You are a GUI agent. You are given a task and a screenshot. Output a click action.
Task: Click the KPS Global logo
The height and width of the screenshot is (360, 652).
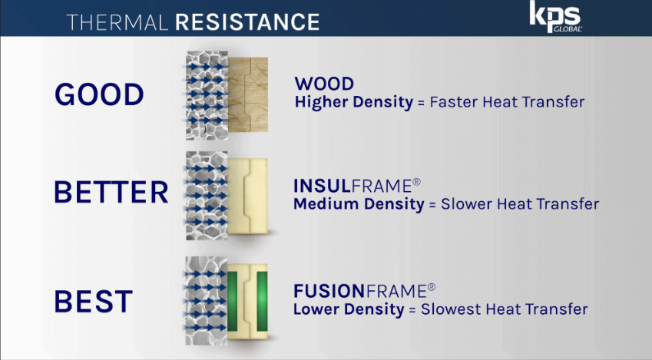coord(555,17)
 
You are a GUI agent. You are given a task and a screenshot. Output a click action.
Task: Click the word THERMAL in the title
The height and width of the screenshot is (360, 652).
coord(117,22)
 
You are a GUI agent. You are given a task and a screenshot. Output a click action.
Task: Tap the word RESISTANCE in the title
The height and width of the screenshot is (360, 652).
coord(247,22)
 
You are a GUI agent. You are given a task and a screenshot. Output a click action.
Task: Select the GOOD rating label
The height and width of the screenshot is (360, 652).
coord(99,94)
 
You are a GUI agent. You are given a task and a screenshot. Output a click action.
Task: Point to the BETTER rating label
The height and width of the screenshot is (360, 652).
coord(111,192)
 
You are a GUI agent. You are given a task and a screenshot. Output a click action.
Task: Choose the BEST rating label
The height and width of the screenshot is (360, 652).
coord(94,302)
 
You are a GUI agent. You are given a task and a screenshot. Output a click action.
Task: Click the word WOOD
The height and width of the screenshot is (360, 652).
coord(324,84)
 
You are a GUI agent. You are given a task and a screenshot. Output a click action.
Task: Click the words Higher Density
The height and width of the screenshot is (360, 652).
coord(354,102)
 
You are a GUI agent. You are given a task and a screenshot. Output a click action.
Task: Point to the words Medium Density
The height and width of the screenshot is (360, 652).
coord(359,204)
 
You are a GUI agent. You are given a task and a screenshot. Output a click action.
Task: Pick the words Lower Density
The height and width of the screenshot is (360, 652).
coord(349,309)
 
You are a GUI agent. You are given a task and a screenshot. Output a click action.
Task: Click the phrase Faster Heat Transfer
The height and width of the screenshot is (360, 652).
coord(507,102)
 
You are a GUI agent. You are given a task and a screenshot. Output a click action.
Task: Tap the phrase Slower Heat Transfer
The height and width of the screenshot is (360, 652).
coord(520,203)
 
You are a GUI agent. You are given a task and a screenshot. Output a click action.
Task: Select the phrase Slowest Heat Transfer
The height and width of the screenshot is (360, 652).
coord(505,309)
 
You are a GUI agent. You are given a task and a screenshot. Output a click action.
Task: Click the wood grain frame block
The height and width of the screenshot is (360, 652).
coord(248,94)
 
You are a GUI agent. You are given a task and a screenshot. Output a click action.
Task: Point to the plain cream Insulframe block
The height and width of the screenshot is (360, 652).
coord(248,196)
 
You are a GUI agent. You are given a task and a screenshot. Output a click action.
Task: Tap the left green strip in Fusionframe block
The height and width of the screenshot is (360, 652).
coord(233,302)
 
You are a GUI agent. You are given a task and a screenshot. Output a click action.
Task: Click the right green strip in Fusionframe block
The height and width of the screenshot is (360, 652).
coord(262,302)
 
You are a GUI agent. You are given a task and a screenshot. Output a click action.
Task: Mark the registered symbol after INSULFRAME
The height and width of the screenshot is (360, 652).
coord(417,182)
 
